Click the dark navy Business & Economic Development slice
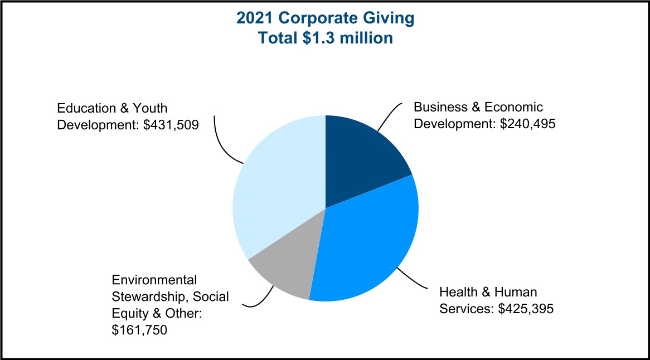pos(362,153)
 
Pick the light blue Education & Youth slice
pos(273,189)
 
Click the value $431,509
pos(171,124)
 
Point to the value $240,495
pos(527,123)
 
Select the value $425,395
pos(526,308)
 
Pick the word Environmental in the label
pos(154,280)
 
